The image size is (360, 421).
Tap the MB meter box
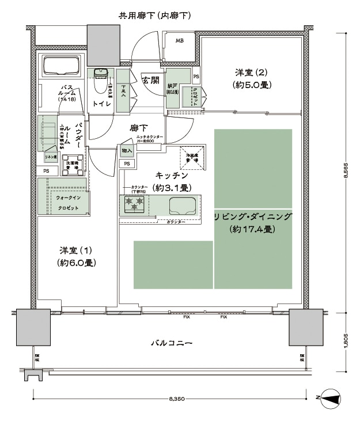(180, 40)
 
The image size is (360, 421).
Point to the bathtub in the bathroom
(62, 68)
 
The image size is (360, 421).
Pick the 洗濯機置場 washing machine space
(74, 161)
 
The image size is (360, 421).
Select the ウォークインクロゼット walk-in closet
(63, 202)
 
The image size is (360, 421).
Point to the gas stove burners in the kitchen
(134, 203)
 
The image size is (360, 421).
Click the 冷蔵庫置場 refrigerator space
(192, 160)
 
